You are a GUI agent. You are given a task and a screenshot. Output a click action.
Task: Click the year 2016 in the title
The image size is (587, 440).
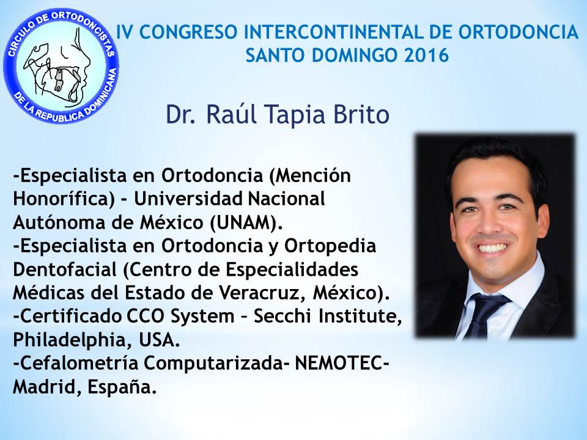[x=427, y=55]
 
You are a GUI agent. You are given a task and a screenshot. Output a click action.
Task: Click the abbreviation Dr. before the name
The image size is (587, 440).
[x=181, y=114]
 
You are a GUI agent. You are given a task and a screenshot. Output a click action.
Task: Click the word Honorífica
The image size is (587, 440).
[x=64, y=199]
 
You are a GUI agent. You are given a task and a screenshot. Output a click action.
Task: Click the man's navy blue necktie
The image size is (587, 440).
[x=485, y=314]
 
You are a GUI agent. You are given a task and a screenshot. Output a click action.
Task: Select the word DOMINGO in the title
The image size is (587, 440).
[x=356, y=55]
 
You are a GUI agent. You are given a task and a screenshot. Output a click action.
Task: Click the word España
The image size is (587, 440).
[x=122, y=386]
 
